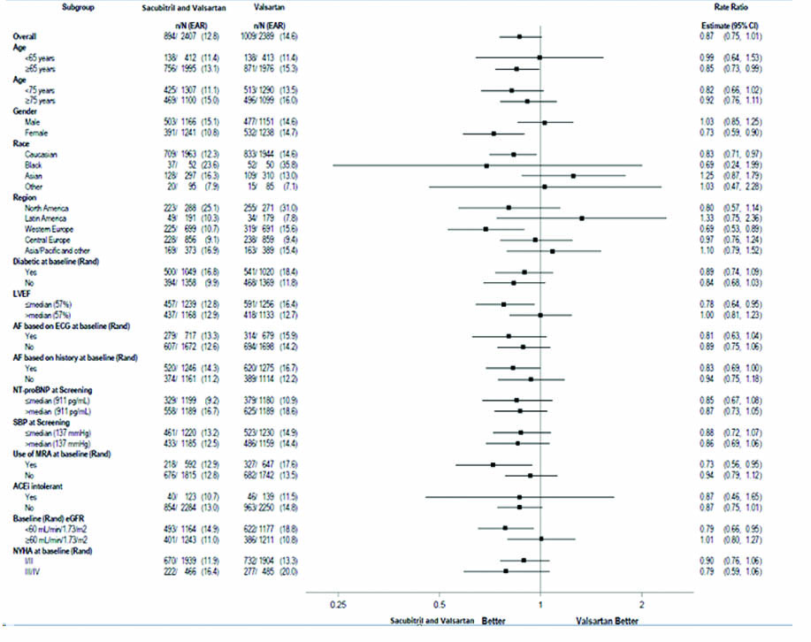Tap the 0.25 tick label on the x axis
point(337,604)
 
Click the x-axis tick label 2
point(642,604)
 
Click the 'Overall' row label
point(25,36)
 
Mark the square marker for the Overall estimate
point(519,36)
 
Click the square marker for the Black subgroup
point(486,165)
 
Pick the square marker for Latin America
point(581,218)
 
